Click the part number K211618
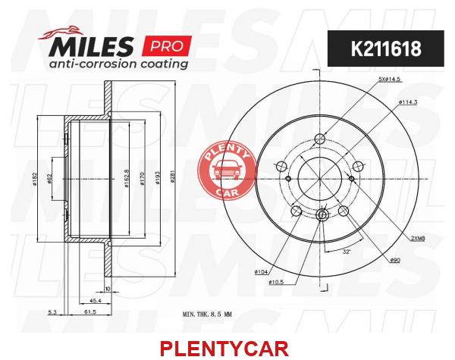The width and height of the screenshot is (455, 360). coord(386,49)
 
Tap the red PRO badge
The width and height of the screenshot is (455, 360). coord(167,45)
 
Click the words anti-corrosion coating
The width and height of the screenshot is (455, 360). coord(118,64)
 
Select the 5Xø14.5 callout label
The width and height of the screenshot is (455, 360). coord(391,79)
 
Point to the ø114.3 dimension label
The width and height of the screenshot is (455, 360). coord(408,102)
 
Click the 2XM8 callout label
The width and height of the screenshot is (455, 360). coord(418,239)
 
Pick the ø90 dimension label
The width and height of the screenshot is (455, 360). coord(395,261)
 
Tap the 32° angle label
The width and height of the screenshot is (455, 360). coord(347,252)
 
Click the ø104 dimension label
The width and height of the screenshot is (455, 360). coord(261,272)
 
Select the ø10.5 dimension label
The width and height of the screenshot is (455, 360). coord(276,282)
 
